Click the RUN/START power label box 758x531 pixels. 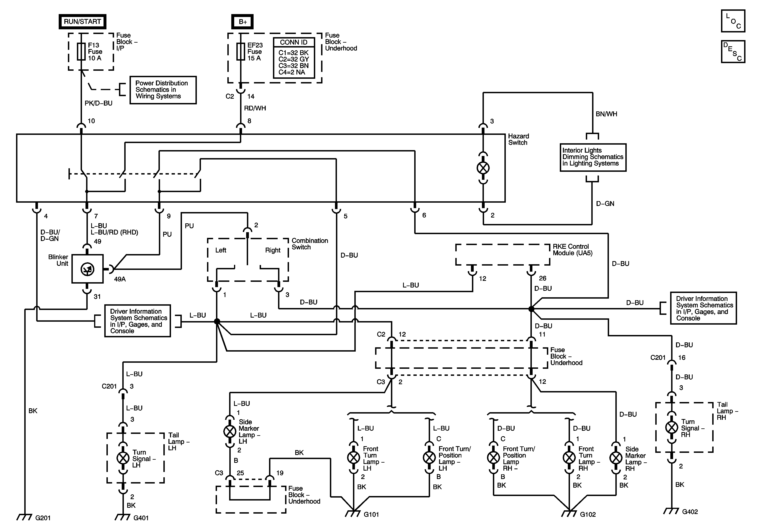pos(82,22)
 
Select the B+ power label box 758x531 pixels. pos(242,22)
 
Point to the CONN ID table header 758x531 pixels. pos(293,42)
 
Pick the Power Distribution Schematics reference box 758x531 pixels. pos(163,90)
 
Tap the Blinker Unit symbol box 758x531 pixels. pos(87,269)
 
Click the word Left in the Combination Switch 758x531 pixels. pos(221,250)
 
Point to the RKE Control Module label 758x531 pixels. pos(573,250)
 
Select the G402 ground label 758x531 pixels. pos(690,512)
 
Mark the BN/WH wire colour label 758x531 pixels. pos(606,114)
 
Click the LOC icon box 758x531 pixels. pos(733,21)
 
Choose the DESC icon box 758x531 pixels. pos(733,51)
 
